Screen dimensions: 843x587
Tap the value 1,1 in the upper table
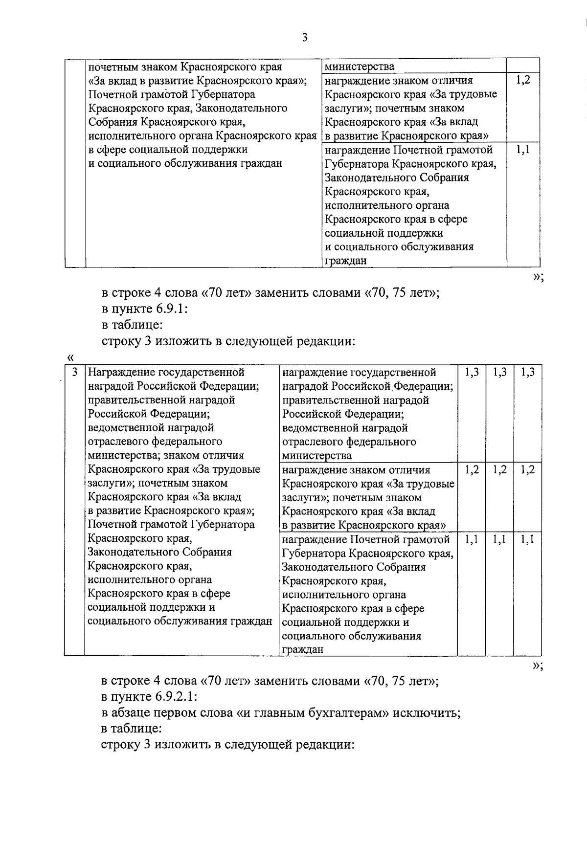(x=523, y=150)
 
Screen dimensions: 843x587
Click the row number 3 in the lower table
(x=74, y=373)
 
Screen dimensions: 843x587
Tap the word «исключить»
(x=427, y=712)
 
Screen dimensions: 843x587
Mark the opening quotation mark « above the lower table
(x=70, y=357)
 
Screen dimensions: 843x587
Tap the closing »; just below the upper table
(x=538, y=277)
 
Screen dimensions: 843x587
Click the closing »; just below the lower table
(x=538, y=666)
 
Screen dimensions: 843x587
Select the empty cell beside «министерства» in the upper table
(x=523, y=66)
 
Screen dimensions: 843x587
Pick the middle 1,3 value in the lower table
(x=500, y=373)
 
